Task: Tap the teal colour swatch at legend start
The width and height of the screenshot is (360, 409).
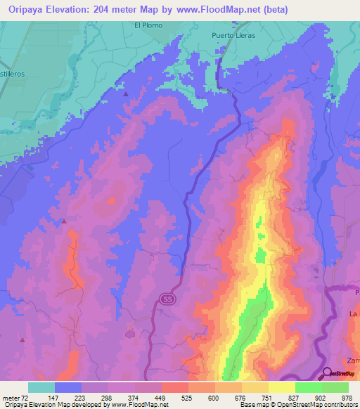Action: click(x=41, y=387)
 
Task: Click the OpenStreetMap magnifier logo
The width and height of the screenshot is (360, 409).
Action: click(x=328, y=374)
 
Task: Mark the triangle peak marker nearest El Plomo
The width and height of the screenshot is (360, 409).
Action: click(x=126, y=93)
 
